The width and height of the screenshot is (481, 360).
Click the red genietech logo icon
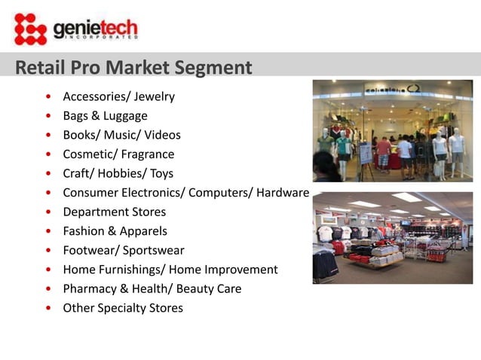pyautogui.click(x=30, y=29)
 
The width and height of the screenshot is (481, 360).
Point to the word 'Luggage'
pyautogui.click(x=125, y=116)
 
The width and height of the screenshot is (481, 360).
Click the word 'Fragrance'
pyautogui.click(x=148, y=154)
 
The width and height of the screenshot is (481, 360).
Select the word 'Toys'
pyautogui.click(x=161, y=173)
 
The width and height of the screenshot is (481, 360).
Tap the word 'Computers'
pyautogui.click(x=220, y=193)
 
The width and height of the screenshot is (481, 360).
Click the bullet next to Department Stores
pyautogui.click(x=49, y=212)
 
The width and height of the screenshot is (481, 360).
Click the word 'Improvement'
pyautogui.click(x=240, y=270)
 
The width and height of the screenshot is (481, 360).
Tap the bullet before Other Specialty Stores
pyautogui.click(x=49, y=309)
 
